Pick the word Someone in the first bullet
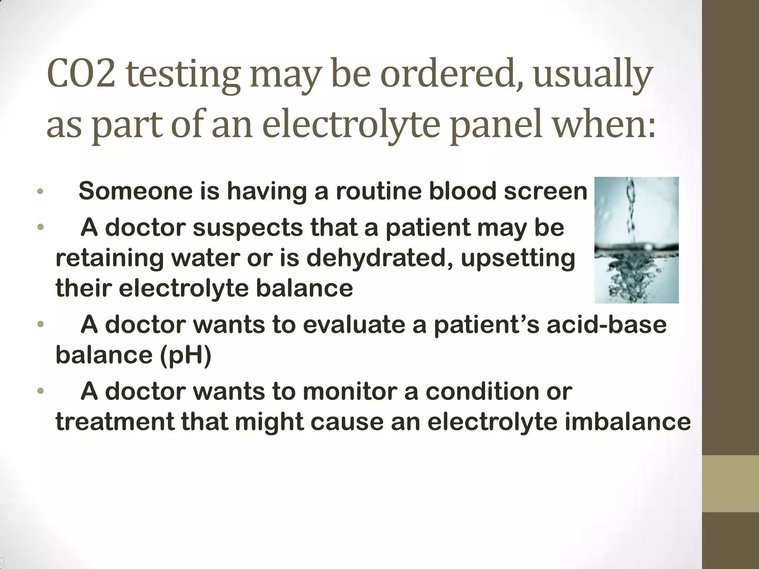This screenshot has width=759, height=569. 137,191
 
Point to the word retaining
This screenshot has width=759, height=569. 110,258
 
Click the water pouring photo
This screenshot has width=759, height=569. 636,240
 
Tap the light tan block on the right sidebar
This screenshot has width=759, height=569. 730,483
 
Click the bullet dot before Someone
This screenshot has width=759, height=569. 40,192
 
